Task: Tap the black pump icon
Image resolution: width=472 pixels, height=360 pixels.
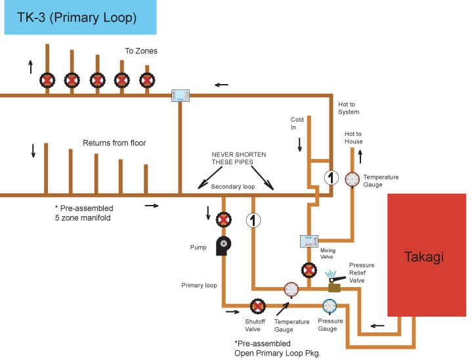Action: (x=223, y=246)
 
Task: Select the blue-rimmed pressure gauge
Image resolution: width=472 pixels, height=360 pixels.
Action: (x=330, y=306)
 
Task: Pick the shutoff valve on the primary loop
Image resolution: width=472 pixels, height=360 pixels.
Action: (x=257, y=306)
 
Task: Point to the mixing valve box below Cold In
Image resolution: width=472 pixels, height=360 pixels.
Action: (x=309, y=241)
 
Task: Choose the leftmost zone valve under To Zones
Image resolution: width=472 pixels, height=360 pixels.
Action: (x=47, y=81)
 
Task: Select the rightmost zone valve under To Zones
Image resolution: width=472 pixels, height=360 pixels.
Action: (x=147, y=81)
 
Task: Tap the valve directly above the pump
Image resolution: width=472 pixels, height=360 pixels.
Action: (x=223, y=219)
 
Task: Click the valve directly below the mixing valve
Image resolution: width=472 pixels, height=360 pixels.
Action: (x=309, y=269)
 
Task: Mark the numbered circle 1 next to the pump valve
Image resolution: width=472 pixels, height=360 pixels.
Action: (x=253, y=220)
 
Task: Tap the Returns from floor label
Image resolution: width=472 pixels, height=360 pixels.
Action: (x=114, y=143)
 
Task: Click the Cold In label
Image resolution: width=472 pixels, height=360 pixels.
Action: (x=297, y=124)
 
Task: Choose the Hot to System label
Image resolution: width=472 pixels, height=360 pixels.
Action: (x=349, y=108)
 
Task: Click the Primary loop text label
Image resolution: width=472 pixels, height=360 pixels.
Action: (x=199, y=285)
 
